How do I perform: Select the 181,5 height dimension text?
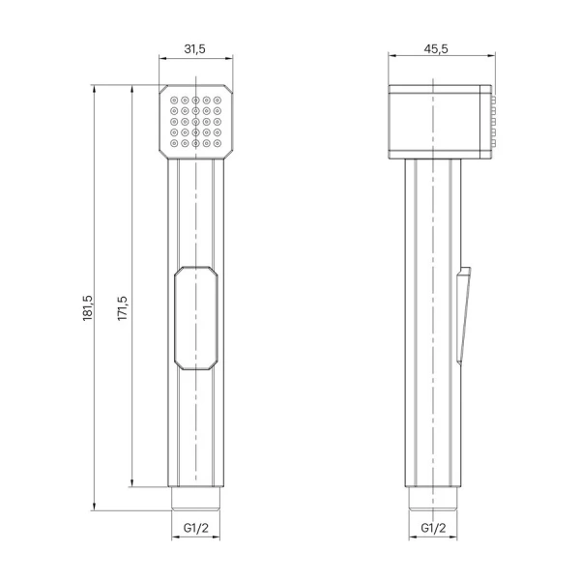click(x=87, y=307)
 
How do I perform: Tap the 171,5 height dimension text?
click(x=123, y=307)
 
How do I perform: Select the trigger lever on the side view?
click(x=464, y=309)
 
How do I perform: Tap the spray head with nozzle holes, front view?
click(x=197, y=121)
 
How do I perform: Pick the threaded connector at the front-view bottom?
click(x=197, y=498)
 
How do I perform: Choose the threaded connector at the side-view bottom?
click(x=435, y=498)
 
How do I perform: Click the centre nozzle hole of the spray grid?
click(x=197, y=121)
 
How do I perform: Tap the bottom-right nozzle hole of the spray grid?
click(x=219, y=144)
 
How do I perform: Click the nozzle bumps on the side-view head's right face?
click(x=497, y=121)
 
